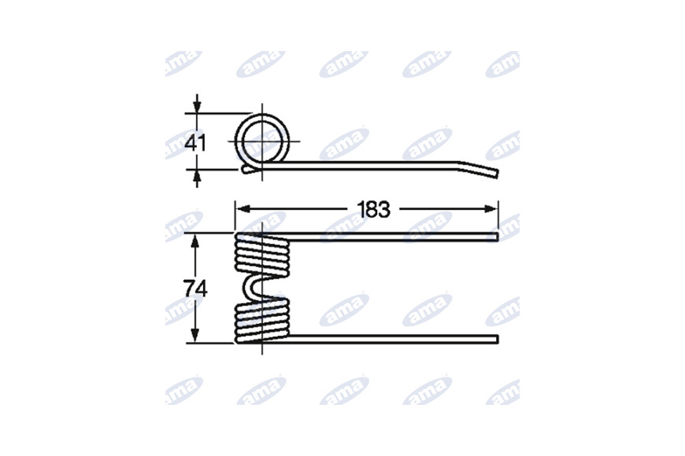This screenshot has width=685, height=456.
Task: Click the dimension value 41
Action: [x=194, y=142]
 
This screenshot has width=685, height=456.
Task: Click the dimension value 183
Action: [x=373, y=209]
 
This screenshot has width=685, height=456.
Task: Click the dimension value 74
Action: [x=195, y=289]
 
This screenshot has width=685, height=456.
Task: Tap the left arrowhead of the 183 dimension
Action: [x=243, y=209]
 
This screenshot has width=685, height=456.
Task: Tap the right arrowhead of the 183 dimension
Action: [x=491, y=209]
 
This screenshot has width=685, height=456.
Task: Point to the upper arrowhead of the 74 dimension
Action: [x=195, y=241]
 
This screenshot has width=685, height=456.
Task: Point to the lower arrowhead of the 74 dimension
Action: [x=195, y=336]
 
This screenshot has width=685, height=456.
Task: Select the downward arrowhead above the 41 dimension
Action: [x=197, y=107]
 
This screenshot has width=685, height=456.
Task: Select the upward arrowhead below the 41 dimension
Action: [x=197, y=176]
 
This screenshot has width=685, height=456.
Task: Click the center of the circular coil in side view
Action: [x=262, y=141]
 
